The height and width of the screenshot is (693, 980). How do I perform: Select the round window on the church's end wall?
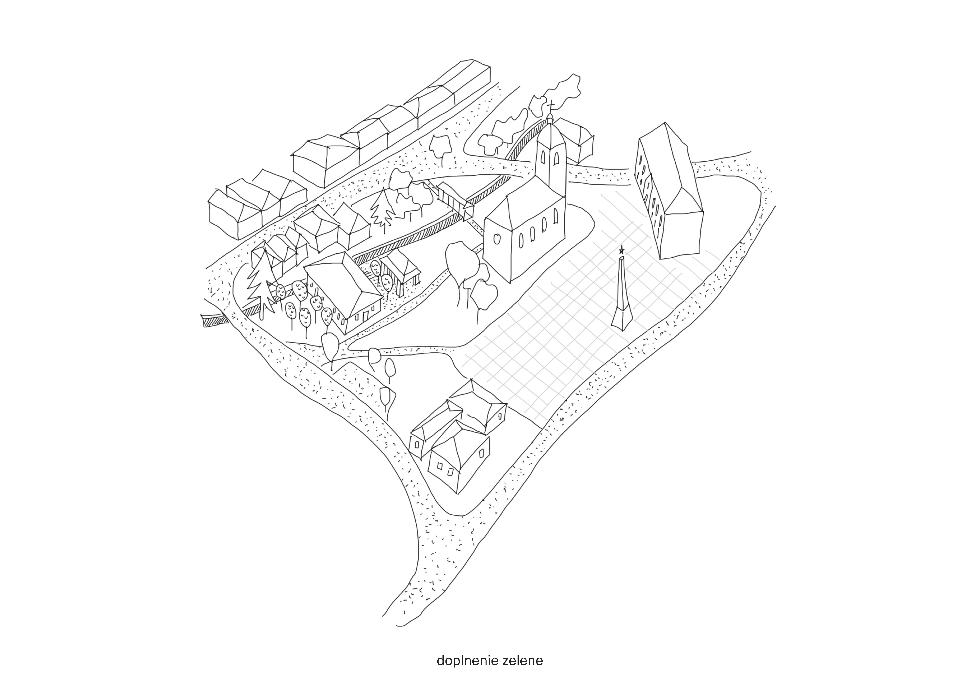click(x=497, y=239)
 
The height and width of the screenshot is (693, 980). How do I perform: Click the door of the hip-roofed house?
click(x=366, y=316)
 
